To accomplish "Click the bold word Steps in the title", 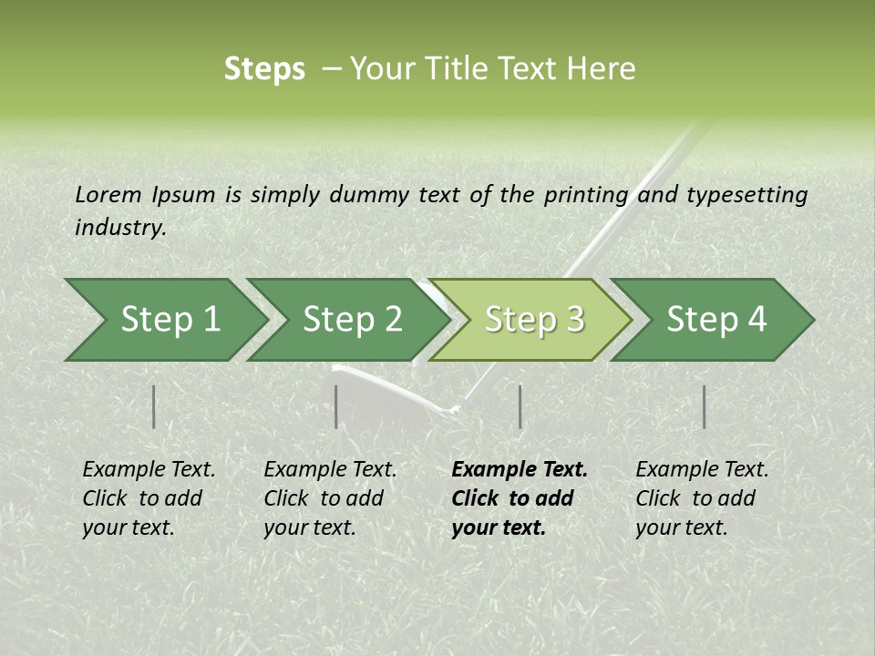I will [x=264, y=69].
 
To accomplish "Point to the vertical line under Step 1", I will [x=154, y=406].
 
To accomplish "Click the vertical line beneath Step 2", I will [x=336, y=406].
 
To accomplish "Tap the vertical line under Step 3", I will [x=520, y=406].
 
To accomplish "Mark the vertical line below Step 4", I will [x=704, y=406].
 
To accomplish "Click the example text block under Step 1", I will [x=149, y=498].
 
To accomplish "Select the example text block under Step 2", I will [x=330, y=498].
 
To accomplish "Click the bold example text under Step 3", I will [x=520, y=498].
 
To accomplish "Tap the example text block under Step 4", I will [x=702, y=498].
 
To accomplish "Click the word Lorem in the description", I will [x=108, y=195].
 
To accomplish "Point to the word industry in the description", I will [x=120, y=228].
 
